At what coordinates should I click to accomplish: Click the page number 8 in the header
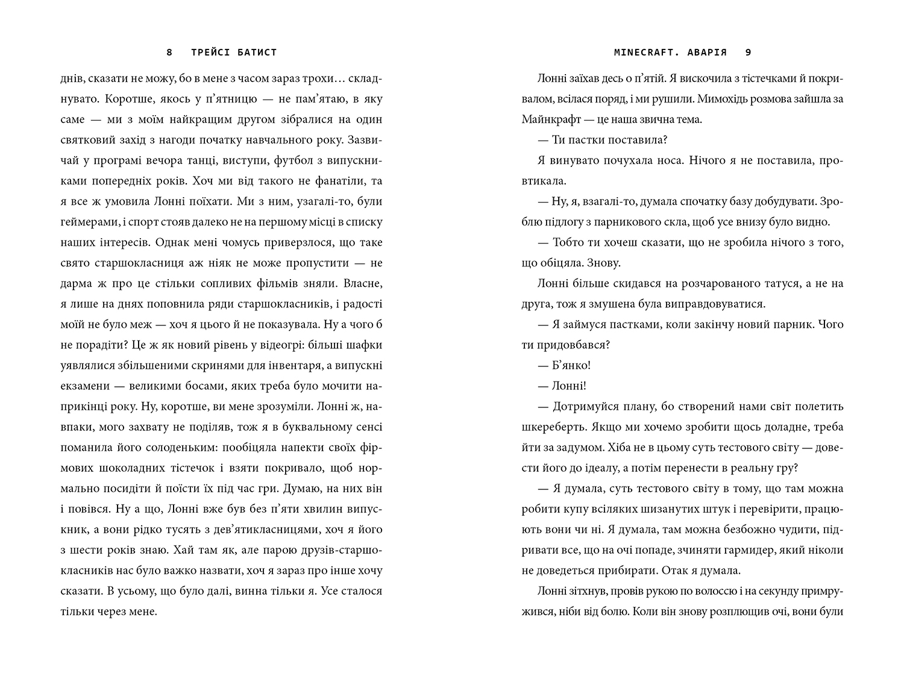point(169,52)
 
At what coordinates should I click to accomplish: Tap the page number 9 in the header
point(749,52)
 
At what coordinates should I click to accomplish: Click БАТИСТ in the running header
point(257,52)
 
